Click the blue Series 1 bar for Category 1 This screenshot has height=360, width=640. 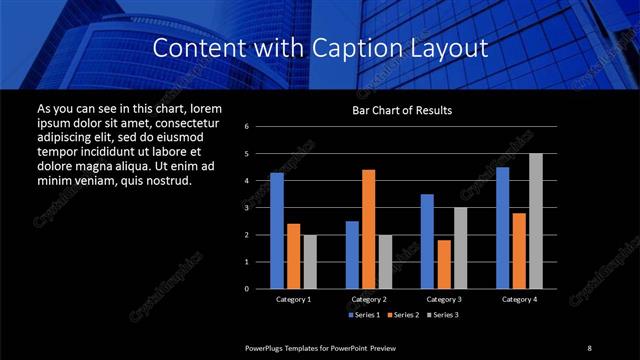point(277,231)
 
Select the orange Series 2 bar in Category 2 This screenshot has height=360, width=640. point(369,229)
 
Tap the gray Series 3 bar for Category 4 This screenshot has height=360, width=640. point(536,221)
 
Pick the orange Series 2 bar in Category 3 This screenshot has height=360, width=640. point(444,264)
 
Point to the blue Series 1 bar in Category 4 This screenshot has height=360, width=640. point(502,228)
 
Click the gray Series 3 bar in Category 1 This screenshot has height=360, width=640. point(309,262)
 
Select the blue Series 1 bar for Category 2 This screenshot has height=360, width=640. point(352,255)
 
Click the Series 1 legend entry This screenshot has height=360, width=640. point(364,315)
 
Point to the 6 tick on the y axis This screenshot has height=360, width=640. point(247,127)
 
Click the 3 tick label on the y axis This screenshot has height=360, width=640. point(247,208)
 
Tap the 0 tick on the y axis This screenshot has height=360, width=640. point(247,289)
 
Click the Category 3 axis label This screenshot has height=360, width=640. point(444,299)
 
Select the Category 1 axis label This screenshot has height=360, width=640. point(293,299)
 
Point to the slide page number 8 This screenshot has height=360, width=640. point(589,347)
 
